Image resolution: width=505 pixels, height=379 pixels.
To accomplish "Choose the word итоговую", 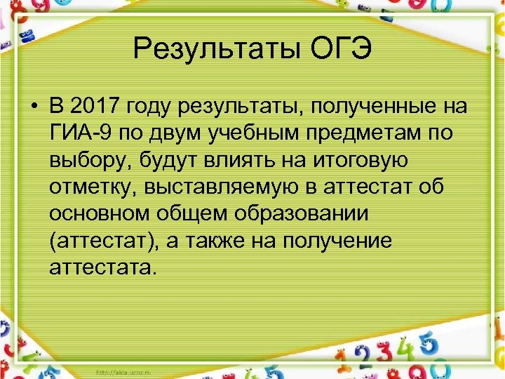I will click(x=360, y=160).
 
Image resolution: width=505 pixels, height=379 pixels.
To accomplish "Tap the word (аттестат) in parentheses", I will click(x=107, y=240).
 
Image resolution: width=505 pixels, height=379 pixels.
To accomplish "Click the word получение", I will click(x=338, y=240).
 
